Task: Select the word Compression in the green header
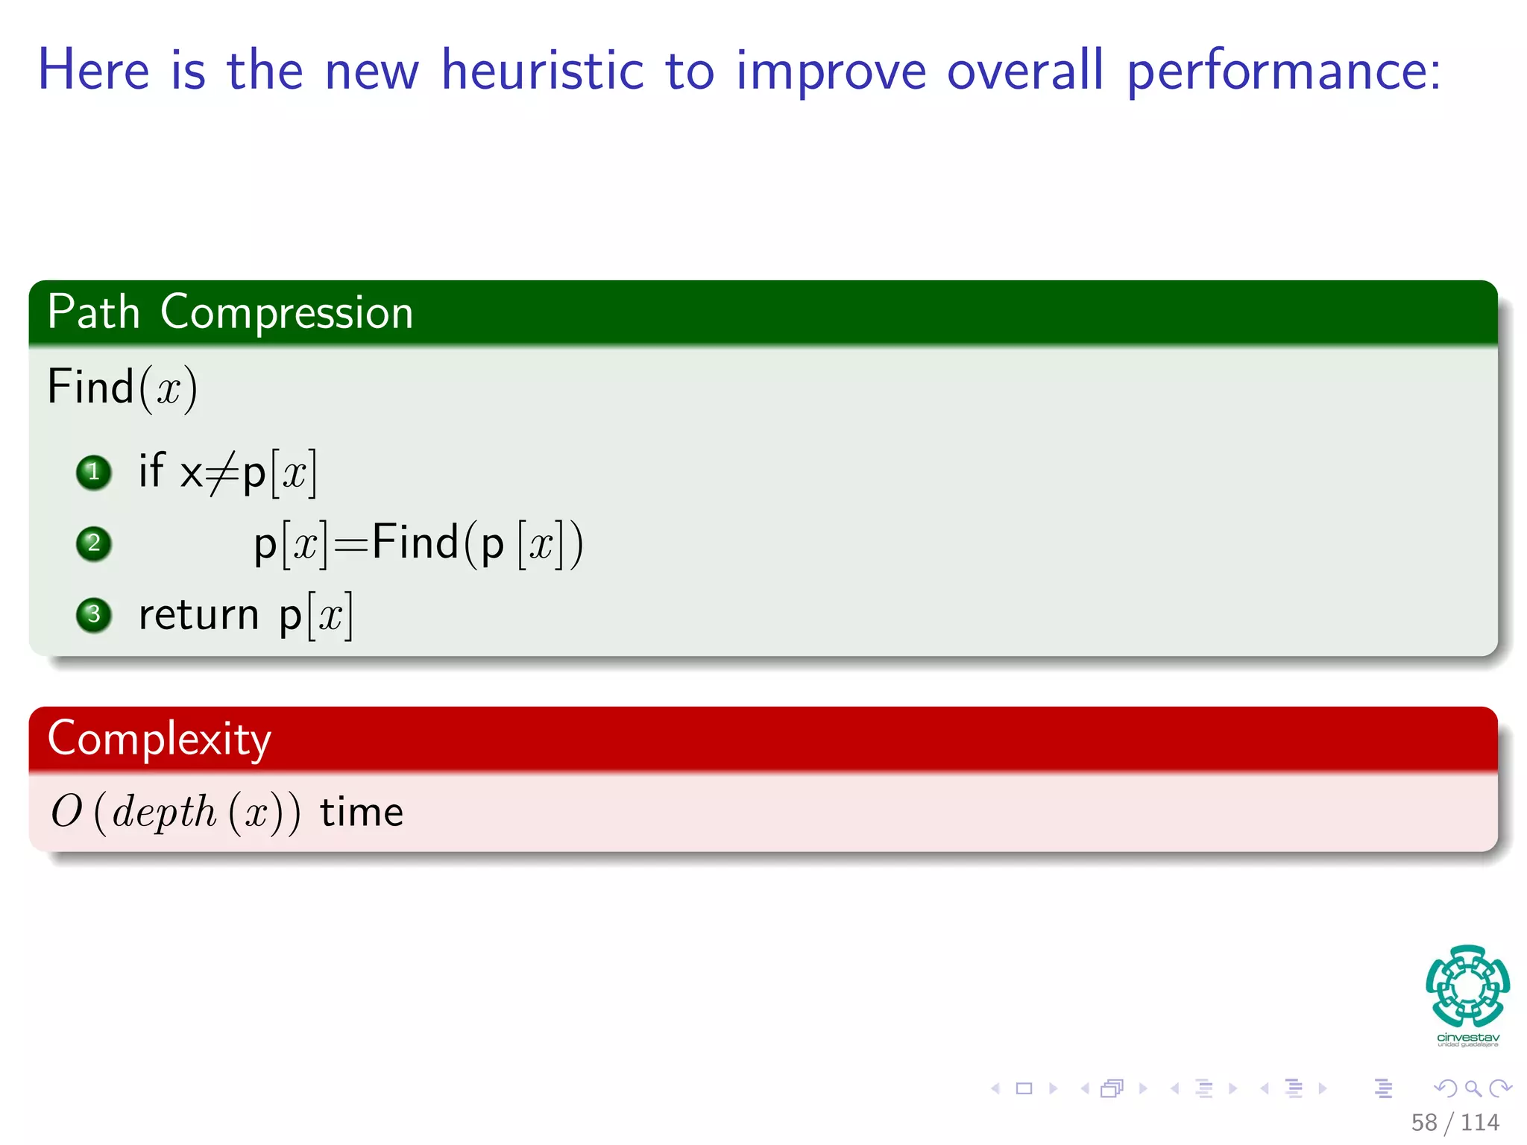286,312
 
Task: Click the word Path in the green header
93,312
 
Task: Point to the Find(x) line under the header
122,388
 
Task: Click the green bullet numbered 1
94,472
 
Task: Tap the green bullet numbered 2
94,543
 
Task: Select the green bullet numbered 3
94,614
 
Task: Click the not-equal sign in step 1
222,473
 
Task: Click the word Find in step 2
415,542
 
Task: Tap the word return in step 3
198,615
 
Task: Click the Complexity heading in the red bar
159,739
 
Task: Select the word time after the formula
362,812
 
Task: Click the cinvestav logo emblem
1467,986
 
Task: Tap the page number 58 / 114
1455,1122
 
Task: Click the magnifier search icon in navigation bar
1473,1088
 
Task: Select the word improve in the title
831,72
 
